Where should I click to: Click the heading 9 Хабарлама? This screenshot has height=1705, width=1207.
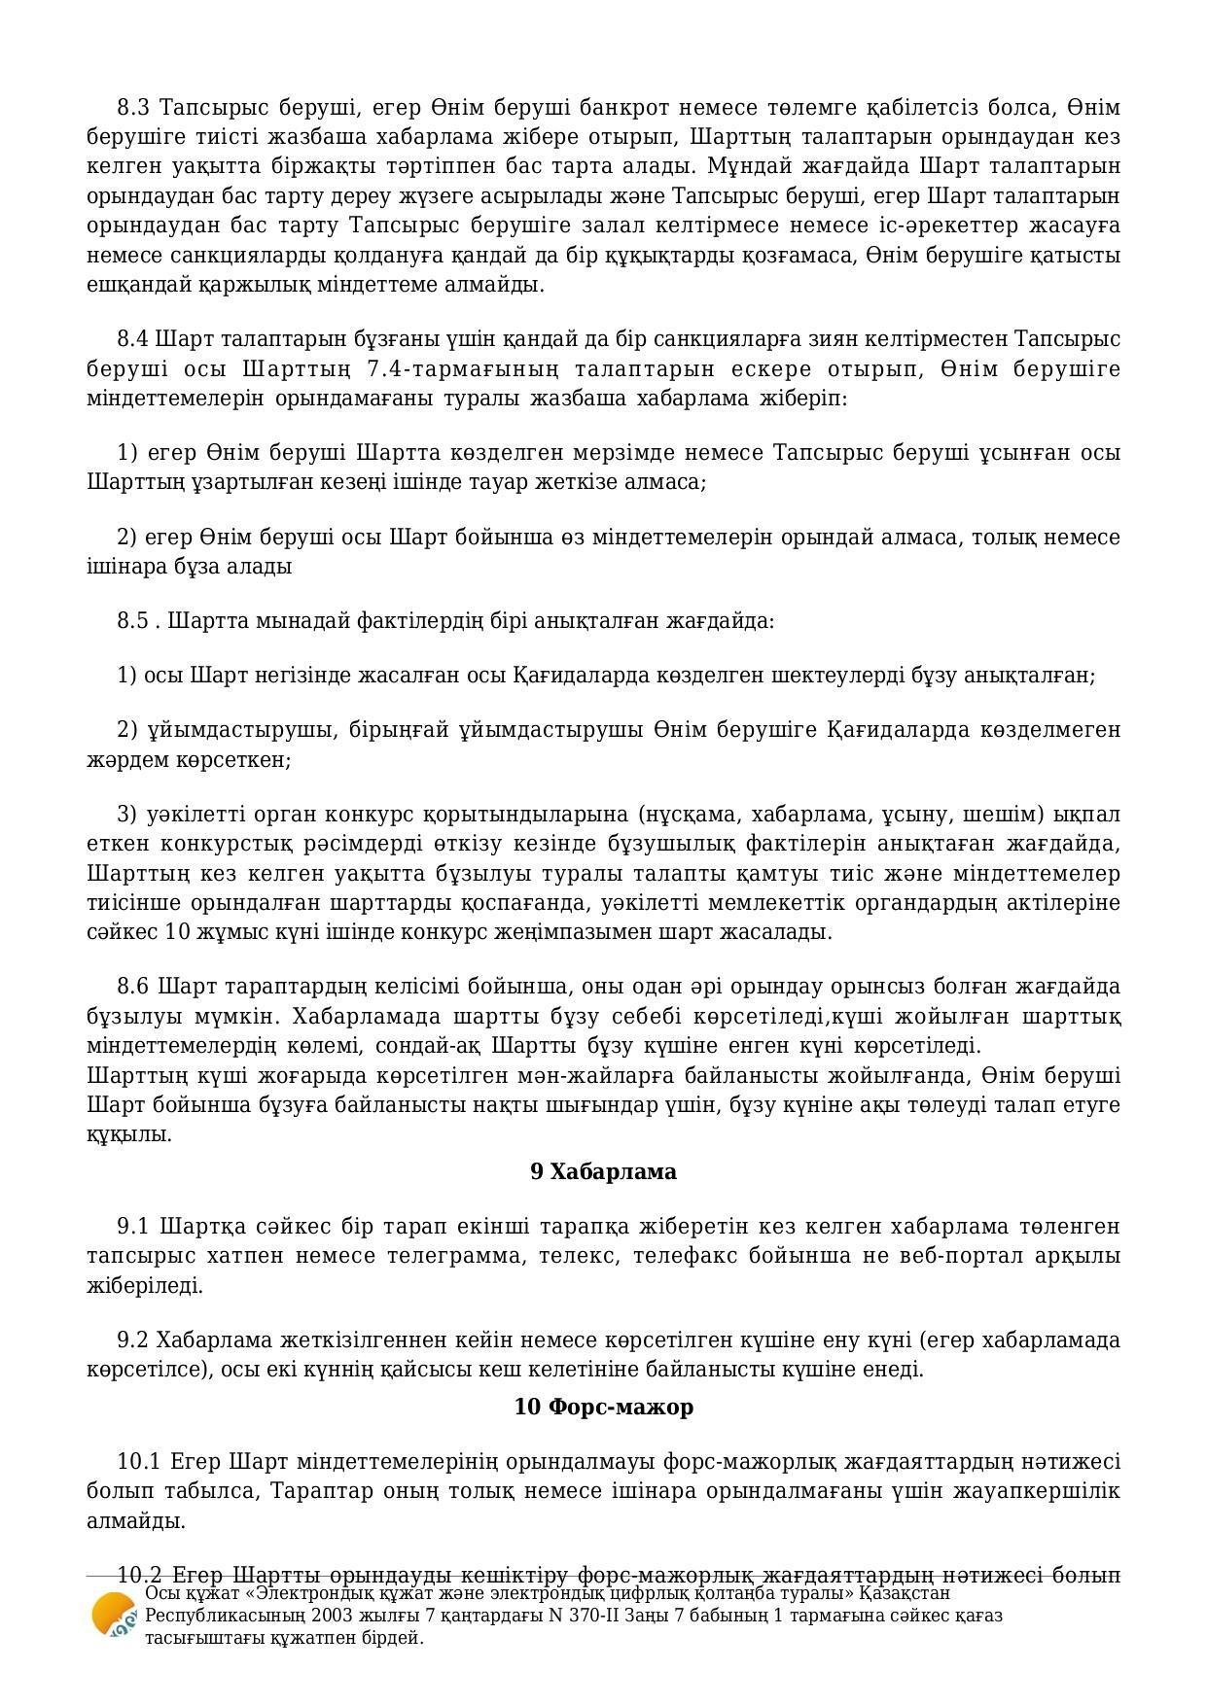point(603,1171)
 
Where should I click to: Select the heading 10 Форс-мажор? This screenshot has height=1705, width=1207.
point(603,1407)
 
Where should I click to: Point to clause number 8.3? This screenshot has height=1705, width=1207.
point(133,106)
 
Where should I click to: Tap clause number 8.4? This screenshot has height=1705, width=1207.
point(133,338)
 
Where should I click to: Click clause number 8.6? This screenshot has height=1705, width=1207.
point(133,987)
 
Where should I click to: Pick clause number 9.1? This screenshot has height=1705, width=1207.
point(133,1226)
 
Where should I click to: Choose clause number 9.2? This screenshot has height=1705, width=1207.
point(133,1340)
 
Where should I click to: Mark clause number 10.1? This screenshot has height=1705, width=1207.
point(139,1461)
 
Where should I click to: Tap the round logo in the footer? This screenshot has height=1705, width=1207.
point(113,1615)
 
